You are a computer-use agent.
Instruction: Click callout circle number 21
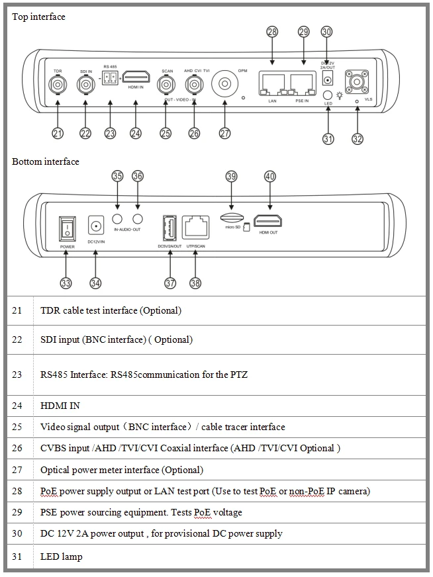(58, 134)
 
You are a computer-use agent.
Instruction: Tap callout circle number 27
(224, 133)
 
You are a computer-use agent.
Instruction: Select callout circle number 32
(358, 138)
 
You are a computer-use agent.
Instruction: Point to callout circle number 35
(117, 176)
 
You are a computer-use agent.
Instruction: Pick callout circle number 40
(269, 177)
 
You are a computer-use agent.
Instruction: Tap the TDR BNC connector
(58, 85)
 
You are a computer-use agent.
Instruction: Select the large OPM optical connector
(225, 85)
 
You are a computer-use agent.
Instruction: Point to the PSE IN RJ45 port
(303, 84)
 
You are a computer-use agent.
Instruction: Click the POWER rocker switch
(68, 228)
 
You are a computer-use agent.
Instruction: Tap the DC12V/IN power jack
(96, 226)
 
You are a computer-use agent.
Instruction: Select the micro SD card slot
(230, 218)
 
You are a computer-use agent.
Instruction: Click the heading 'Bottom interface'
(46, 161)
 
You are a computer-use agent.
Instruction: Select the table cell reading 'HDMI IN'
(60, 406)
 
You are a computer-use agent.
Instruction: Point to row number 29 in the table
(17, 511)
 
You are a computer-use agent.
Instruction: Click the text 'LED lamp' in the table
(62, 556)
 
